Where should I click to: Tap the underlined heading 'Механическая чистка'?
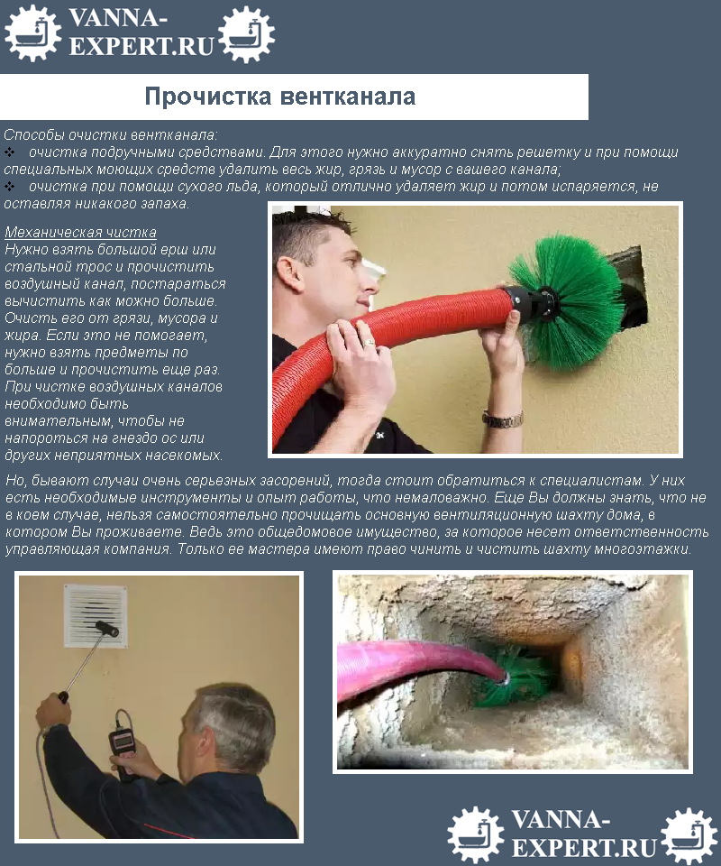[x=80, y=233]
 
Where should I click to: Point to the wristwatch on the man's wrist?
[x=502, y=419]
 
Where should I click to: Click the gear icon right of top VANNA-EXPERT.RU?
[x=246, y=33]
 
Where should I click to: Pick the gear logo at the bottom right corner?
[x=689, y=834]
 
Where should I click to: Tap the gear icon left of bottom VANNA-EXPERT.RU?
[x=475, y=834]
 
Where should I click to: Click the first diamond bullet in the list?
[x=10, y=152]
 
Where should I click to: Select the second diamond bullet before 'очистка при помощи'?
[x=10, y=187]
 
